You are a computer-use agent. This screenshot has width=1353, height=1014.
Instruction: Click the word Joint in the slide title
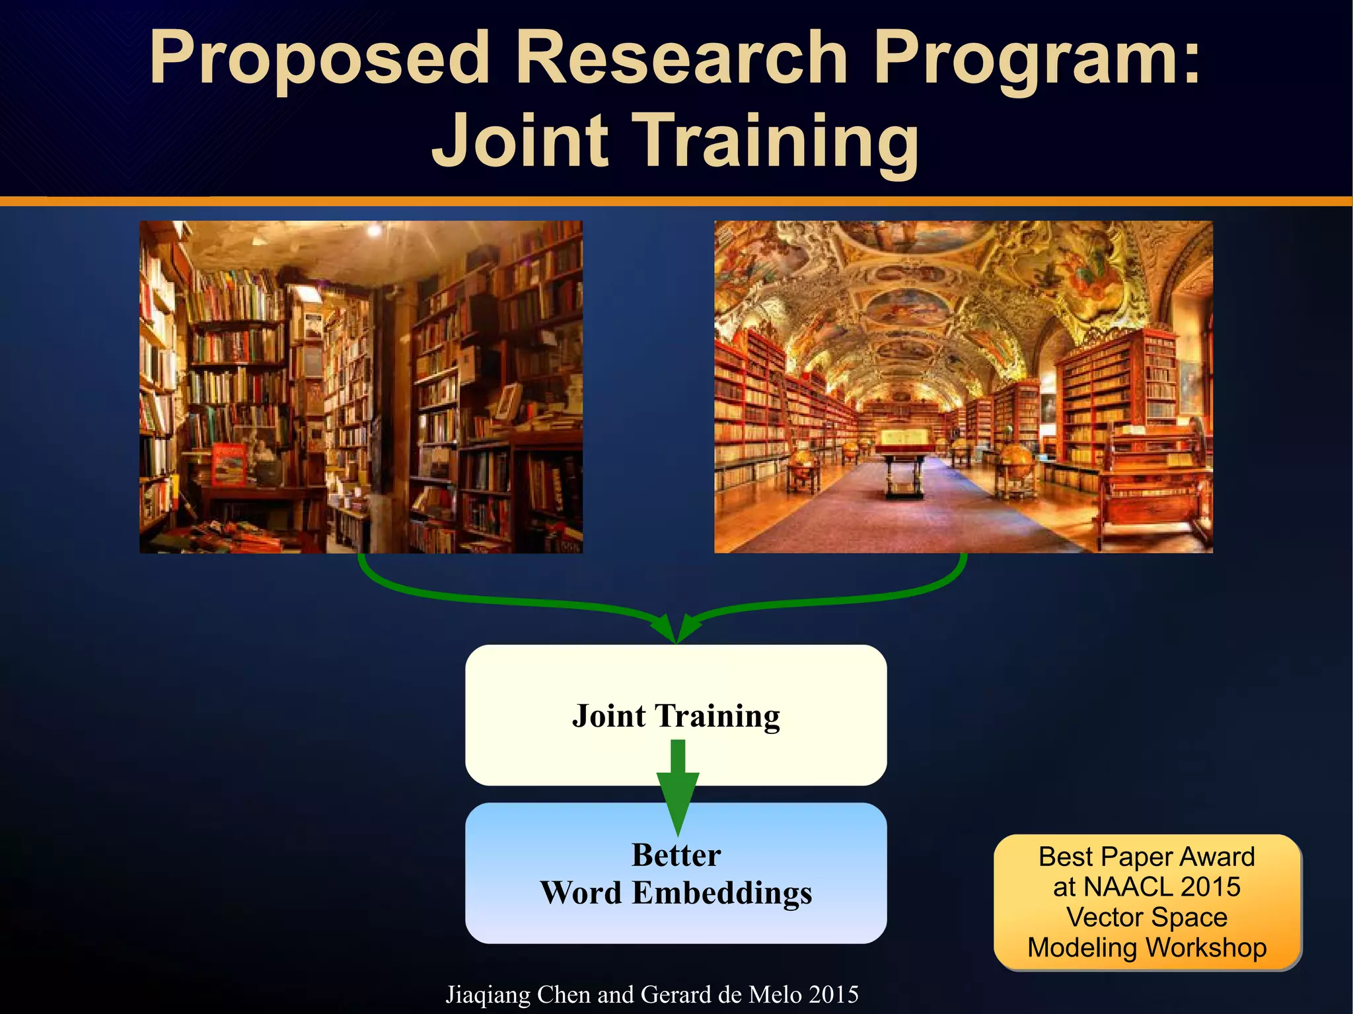tap(519, 140)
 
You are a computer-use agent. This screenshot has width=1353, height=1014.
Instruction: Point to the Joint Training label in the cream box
tap(676, 716)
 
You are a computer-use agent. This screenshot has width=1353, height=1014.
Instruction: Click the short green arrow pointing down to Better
tap(677, 786)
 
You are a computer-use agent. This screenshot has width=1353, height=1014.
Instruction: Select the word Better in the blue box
tap(676, 855)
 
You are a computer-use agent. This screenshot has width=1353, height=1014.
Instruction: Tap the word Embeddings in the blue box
tap(721, 893)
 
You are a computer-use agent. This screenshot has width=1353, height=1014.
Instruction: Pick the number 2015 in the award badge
tap(1210, 887)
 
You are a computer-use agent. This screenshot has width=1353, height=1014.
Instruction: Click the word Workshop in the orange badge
tap(1206, 947)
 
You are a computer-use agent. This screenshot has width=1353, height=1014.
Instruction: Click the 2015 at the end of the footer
tap(834, 995)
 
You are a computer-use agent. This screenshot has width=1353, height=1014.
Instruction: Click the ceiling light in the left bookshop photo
tap(374, 230)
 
